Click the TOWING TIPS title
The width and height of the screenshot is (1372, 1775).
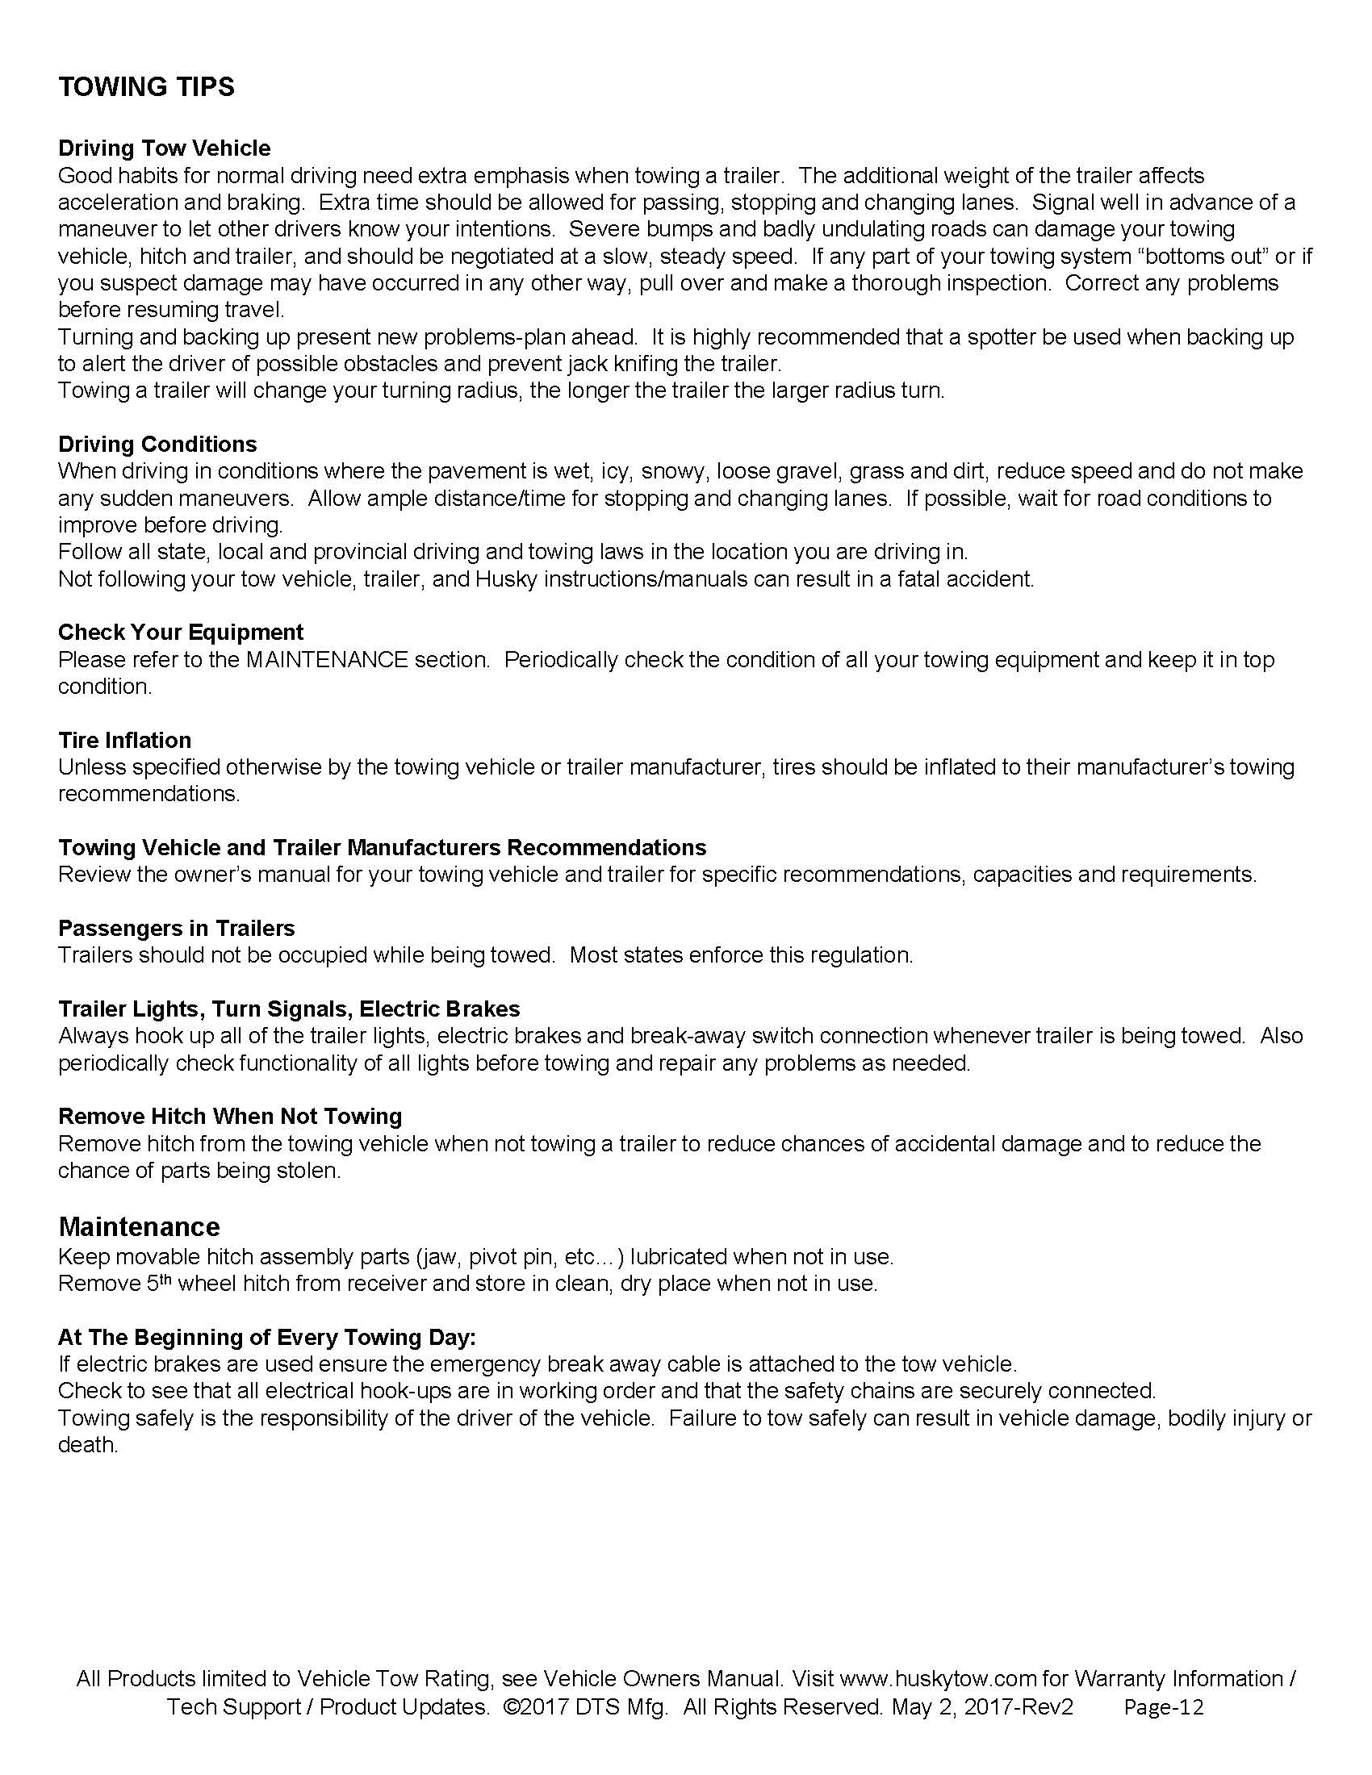point(146,86)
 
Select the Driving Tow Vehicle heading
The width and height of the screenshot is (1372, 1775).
point(164,148)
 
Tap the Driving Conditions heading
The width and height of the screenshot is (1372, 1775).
point(157,444)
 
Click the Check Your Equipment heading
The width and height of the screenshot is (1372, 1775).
point(181,633)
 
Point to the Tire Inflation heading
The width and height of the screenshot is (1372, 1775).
point(124,740)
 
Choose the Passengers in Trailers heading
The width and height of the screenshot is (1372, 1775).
point(177,928)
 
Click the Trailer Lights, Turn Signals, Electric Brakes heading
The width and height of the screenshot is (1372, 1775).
point(289,1009)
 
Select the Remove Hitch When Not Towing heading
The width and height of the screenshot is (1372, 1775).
point(230,1117)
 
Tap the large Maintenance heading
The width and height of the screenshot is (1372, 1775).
point(139,1226)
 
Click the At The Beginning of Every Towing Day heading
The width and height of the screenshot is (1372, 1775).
point(266,1337)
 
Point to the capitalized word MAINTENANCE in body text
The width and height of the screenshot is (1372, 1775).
point(326,660)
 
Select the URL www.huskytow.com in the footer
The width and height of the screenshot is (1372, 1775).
point(938,1679)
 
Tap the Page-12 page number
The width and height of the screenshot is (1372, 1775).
point(1163,1706)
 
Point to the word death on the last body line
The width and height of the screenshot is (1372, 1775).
point(88,1445)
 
